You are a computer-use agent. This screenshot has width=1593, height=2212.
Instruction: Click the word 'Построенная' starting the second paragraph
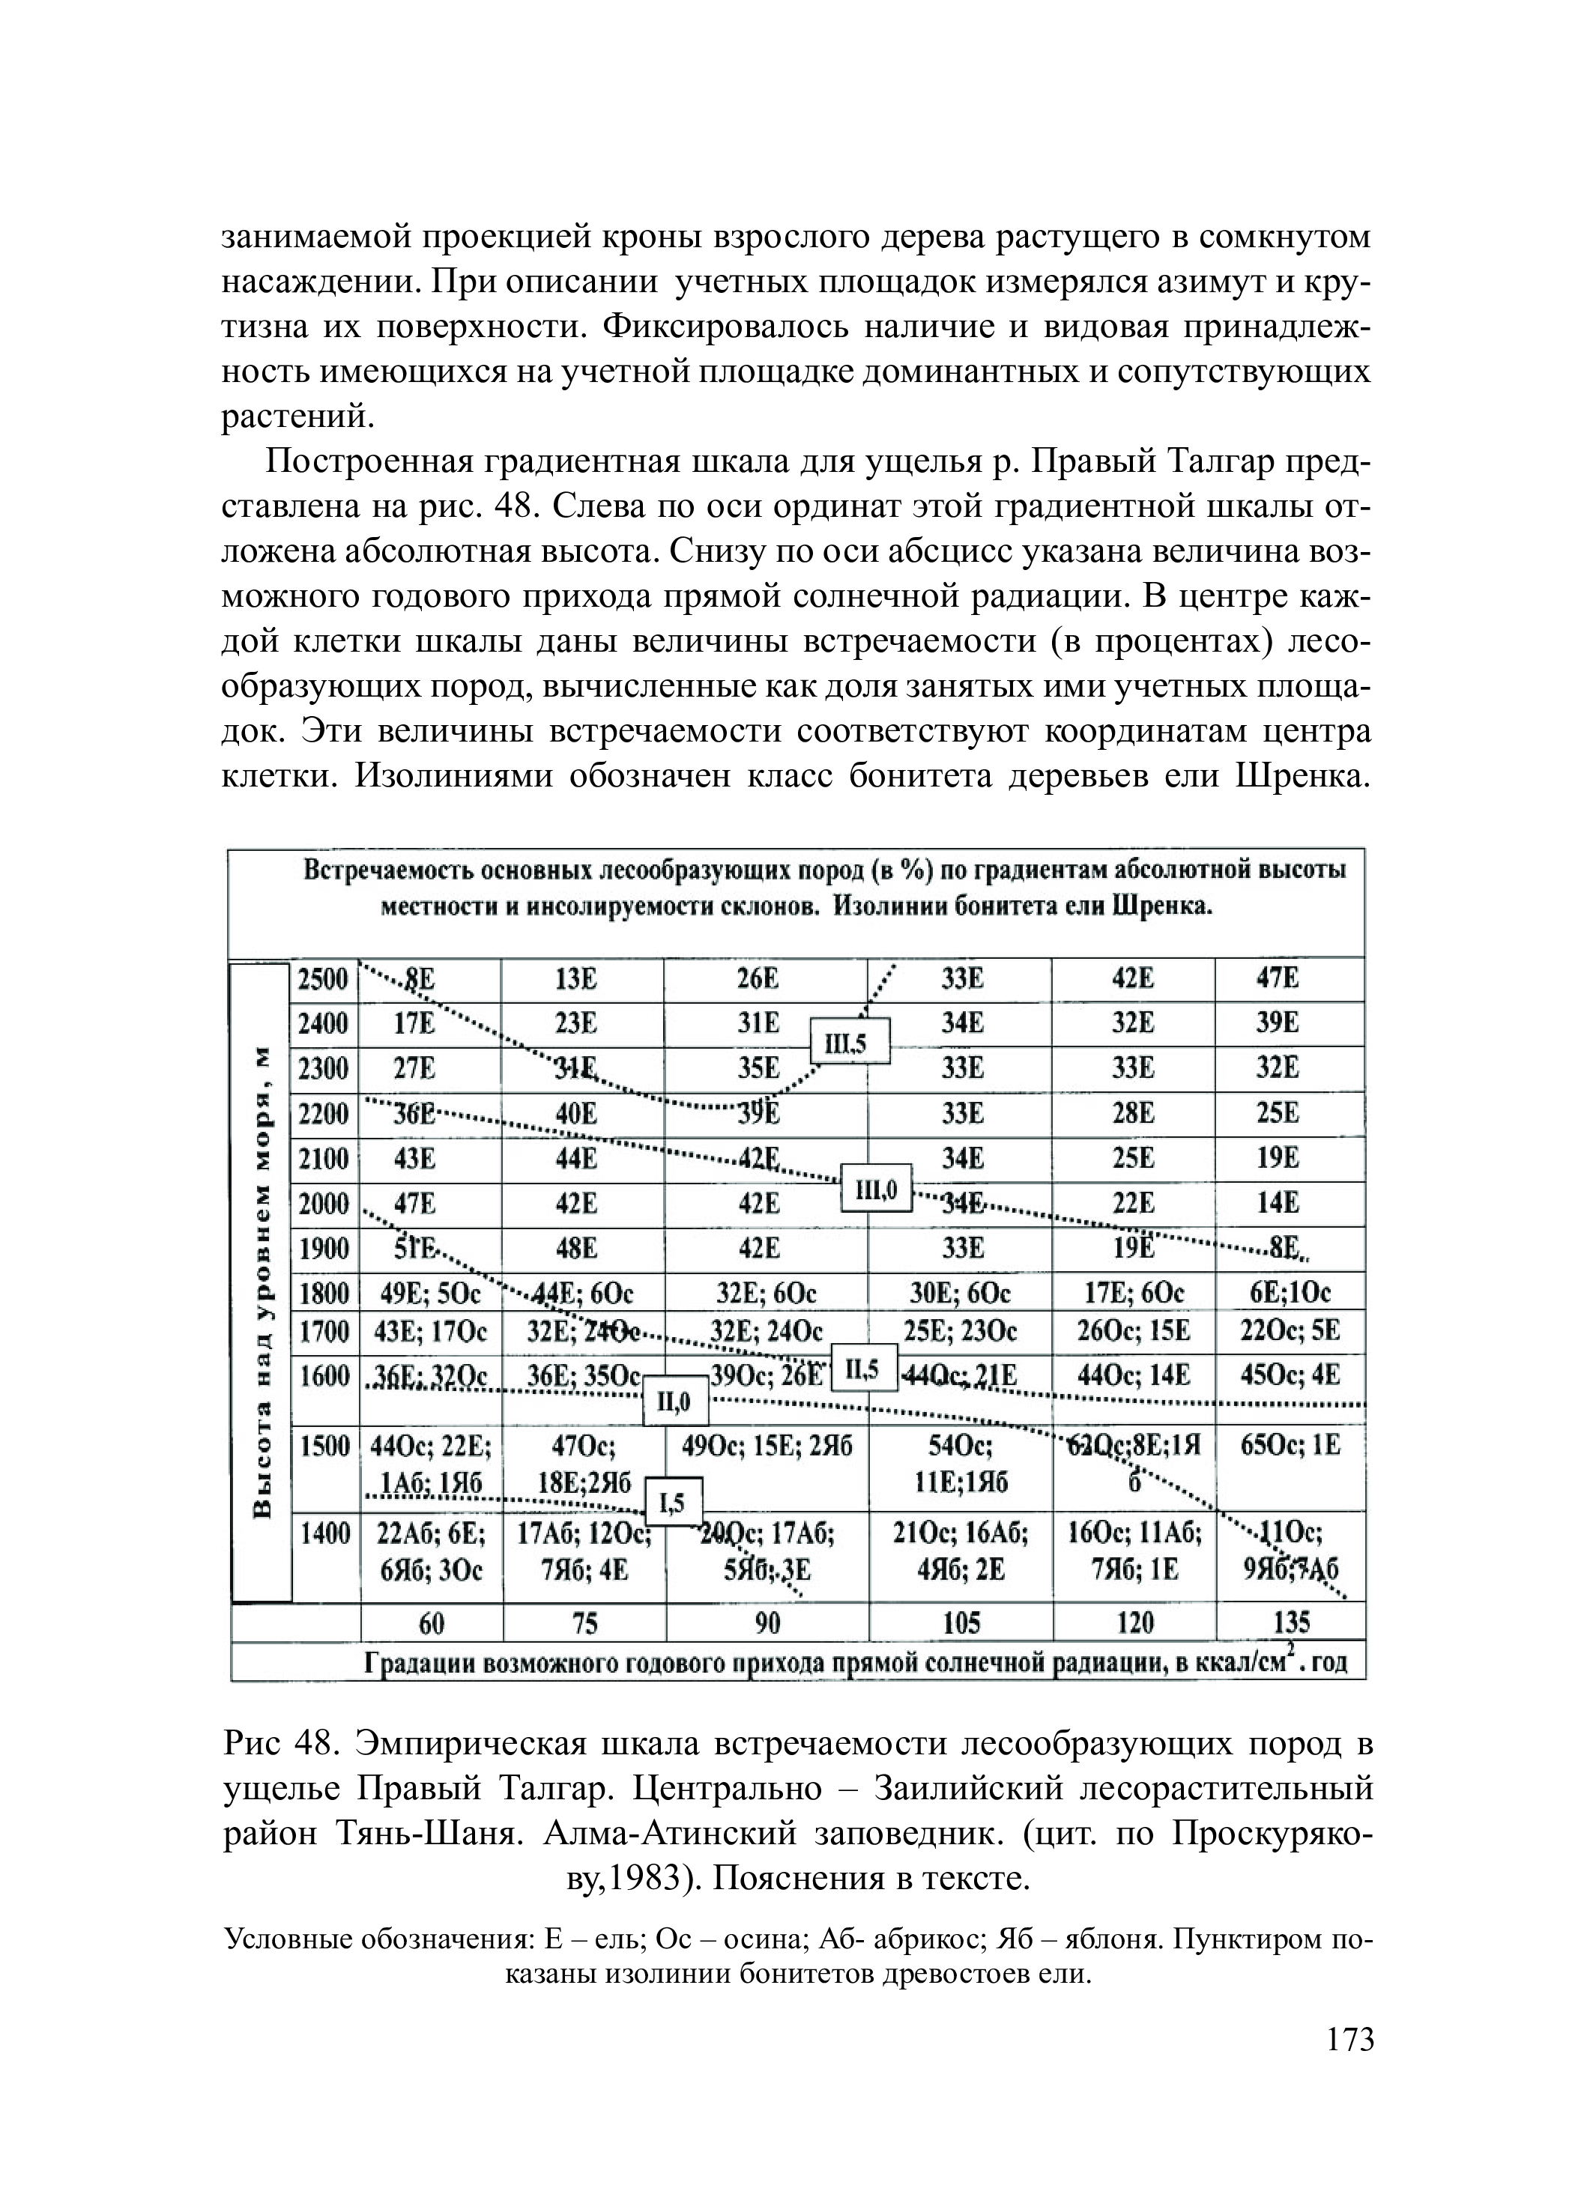click(363, 462)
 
